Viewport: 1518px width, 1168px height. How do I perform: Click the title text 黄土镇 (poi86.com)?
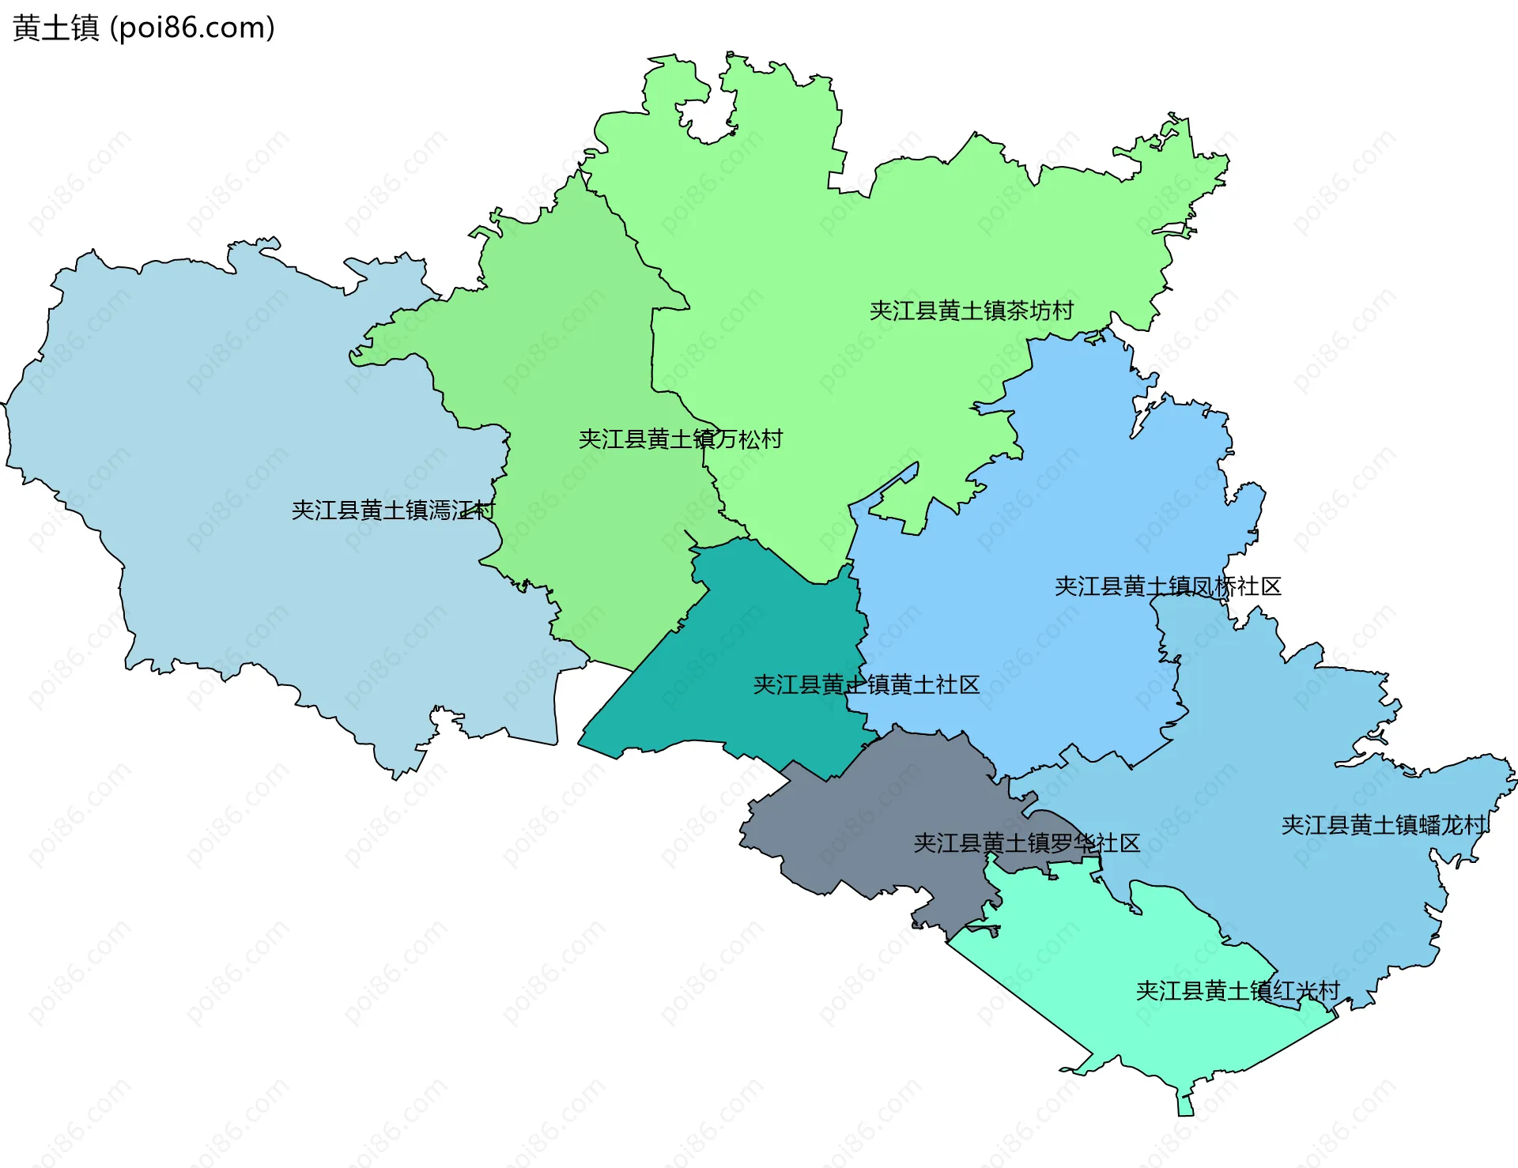point(144,28)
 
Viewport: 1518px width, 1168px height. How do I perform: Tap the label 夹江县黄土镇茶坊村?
point(971,311)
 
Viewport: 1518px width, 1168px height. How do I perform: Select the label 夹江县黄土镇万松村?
point(680,439)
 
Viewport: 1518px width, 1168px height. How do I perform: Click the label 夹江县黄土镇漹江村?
point(393,510)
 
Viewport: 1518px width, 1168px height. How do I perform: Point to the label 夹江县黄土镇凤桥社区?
point(1167,586)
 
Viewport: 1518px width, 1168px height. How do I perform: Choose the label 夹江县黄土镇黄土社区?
point(866,684)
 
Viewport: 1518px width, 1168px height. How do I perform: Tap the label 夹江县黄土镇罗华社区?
point(1026,843)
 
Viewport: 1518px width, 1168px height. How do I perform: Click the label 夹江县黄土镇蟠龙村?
point(1384,825)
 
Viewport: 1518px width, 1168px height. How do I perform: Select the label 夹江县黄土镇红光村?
point(1237,990)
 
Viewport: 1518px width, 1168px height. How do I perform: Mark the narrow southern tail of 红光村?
point(1185,1102)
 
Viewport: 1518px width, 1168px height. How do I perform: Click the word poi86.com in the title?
point(192,28)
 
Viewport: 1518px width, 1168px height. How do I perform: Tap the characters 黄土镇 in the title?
point(55,28)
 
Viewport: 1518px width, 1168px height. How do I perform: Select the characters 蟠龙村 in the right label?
point(1453,825)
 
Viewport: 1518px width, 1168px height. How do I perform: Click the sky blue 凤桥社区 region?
point(1028,553)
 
